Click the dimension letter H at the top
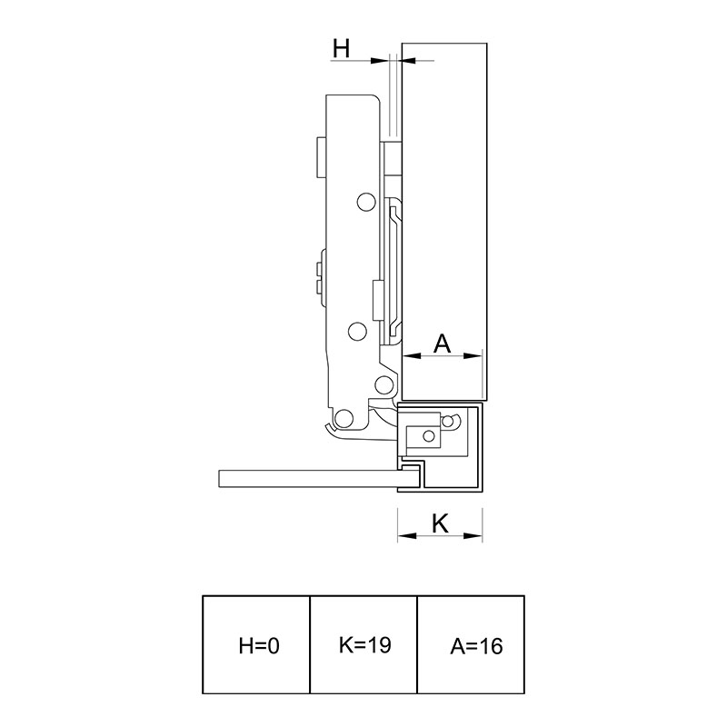(342, 48)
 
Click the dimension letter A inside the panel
(442, 344)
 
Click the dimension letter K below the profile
(440, 523)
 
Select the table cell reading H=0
(256, 644)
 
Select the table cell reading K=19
(363, 644)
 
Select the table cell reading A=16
(471, 644)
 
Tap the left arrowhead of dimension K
(406, 536)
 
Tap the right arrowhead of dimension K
(473, 536)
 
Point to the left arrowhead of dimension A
(412, 356)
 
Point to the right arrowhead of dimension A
(473, 356)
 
